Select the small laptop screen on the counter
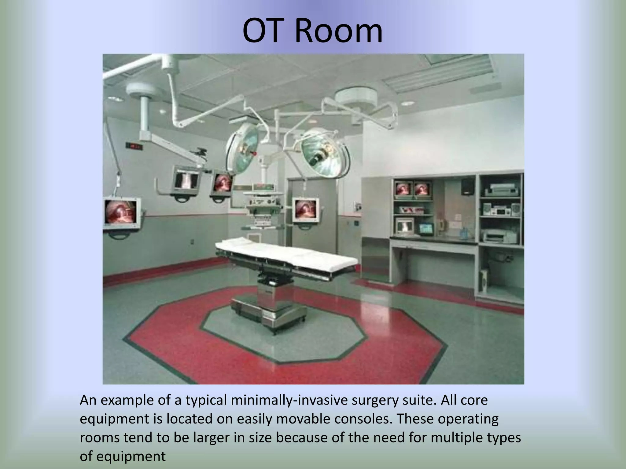tap(426, 228)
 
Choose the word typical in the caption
tap(206, 400)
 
